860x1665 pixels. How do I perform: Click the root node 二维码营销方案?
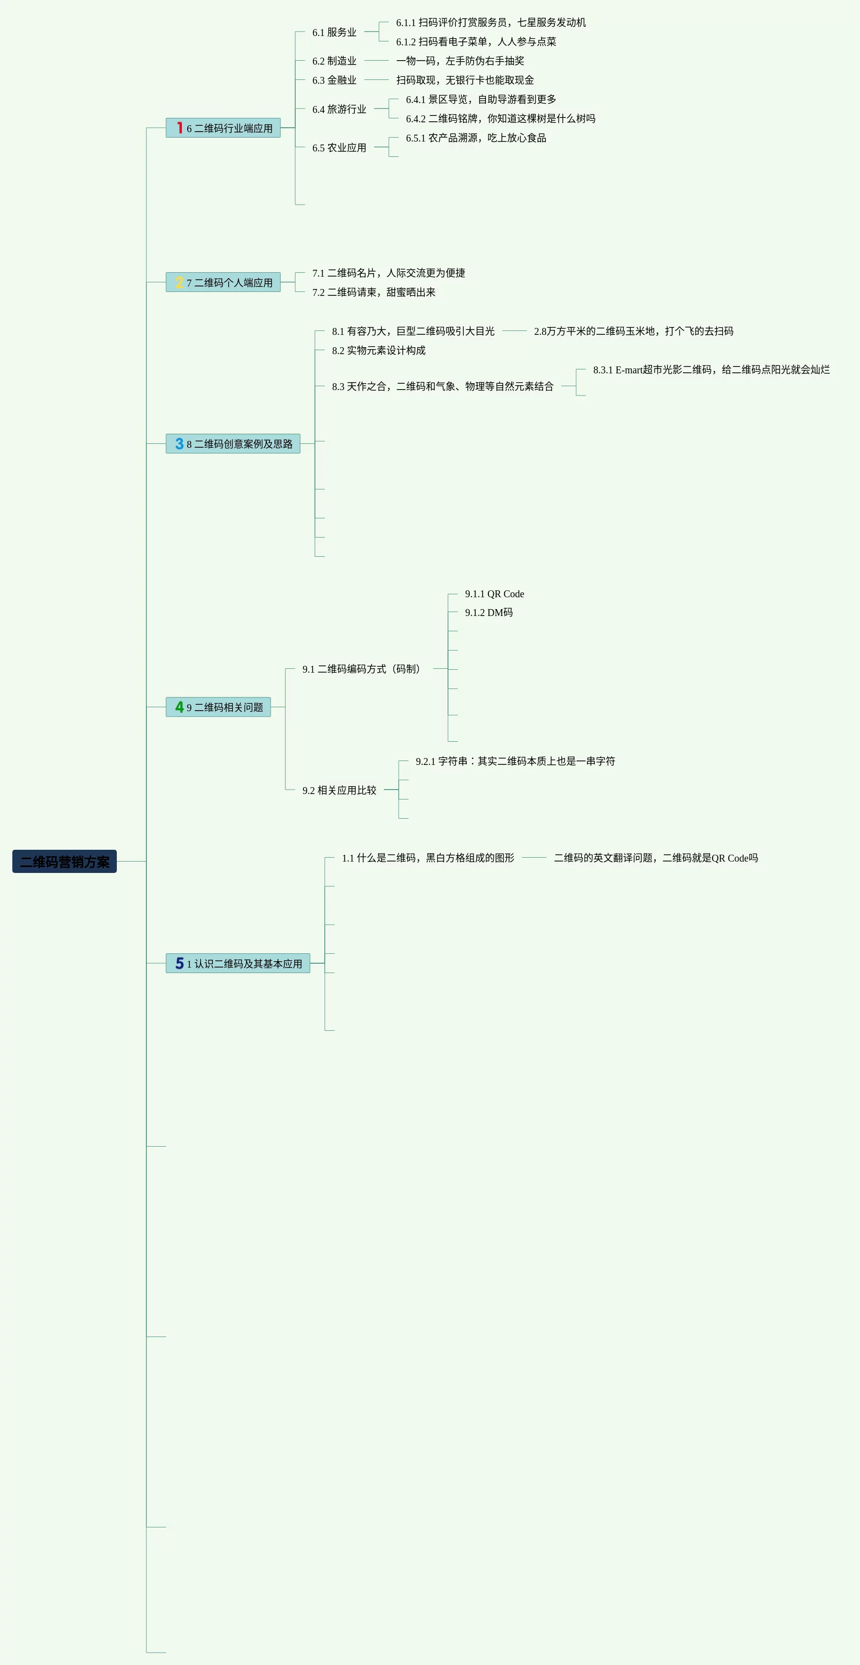(64, 862)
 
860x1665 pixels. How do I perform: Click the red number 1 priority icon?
(179, 128)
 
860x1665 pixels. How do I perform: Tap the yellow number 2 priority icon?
(179, 283)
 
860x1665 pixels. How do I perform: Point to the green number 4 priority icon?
(179, 707)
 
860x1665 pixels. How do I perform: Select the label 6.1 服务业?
(334, 33)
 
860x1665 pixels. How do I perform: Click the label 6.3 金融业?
(334, 80)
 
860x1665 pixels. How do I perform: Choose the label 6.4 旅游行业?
(339, 109)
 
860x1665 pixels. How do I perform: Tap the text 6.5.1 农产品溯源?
(476, 138)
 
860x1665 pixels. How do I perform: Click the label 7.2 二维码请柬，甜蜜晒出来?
(374, 292)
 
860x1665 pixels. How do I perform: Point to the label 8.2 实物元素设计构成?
(378, 350)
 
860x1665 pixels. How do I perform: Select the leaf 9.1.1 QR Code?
(494, 594)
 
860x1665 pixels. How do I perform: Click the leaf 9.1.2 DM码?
(488, 612)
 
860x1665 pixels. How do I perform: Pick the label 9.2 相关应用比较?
(339, 790)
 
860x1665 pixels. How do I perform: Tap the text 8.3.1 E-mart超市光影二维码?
(711, 370)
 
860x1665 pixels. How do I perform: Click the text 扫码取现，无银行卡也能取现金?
(465, 80)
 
